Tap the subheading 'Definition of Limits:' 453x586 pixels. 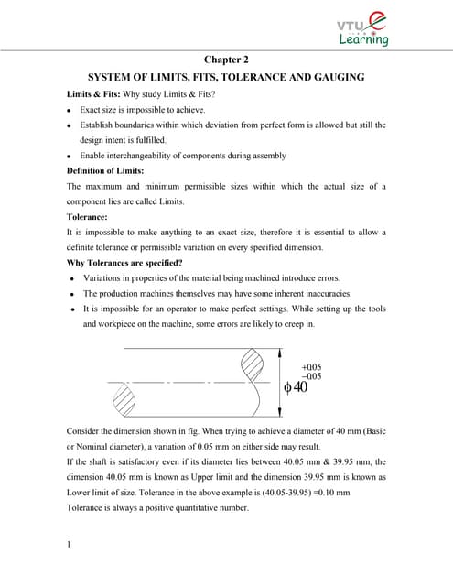(x=105, y=171)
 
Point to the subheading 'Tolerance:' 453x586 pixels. (x=89, y=217)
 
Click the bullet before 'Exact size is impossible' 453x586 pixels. (x=70, y=110)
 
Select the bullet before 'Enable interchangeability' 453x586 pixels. (x=70, y=156)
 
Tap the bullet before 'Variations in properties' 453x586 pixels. (x=70, y=278)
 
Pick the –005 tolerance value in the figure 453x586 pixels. (x=311, y=376)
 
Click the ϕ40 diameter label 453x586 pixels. (x=296, y=387)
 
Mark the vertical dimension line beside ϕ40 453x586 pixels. (x=277, y=381)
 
